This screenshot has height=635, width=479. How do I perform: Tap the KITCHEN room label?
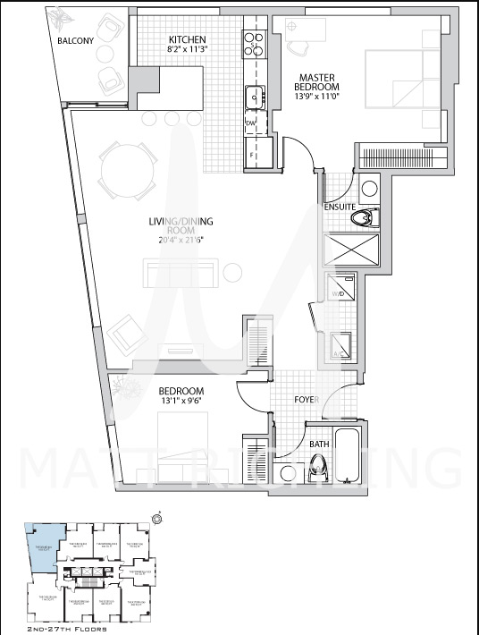(188, 40)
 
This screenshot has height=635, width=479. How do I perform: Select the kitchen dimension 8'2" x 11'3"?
(188, 52)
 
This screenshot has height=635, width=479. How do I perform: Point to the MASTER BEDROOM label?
(317, 80)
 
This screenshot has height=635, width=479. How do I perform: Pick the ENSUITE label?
(340, 207)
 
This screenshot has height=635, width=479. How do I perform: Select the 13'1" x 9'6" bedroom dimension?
(181, 402)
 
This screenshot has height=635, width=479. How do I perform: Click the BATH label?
(319, 444)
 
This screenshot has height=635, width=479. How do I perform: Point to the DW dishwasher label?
(251, 122)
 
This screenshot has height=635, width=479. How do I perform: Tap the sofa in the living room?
(183, 271)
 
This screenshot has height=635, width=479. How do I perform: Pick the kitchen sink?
(254, 95)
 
